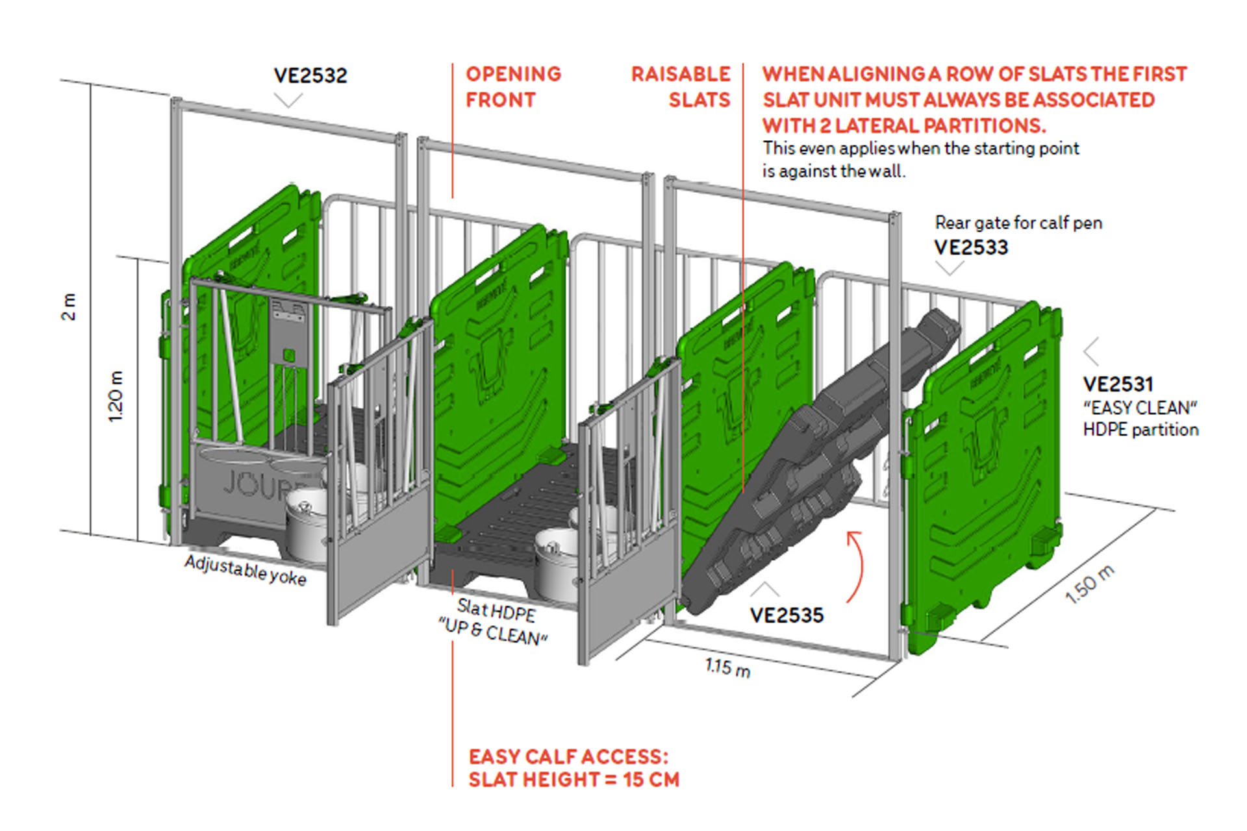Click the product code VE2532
pos(310,75)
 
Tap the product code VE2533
pos(971,247)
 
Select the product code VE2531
pos(1118,384)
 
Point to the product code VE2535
pos(787,615)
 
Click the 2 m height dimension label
pos(68,306)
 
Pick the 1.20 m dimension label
pos(115,396)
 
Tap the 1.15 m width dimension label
pos(727,667)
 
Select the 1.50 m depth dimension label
pos(1090,584)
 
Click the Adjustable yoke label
pos(246,570)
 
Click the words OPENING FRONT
pos(513,87)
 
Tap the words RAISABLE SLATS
pos(681,87)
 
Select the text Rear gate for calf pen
pos(1018,223)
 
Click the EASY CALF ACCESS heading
pos(568,757)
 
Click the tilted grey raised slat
pos(818,461)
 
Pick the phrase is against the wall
pos(834,171)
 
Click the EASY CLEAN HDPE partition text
pos(1140,419)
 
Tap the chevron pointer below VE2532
pos(288,100)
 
